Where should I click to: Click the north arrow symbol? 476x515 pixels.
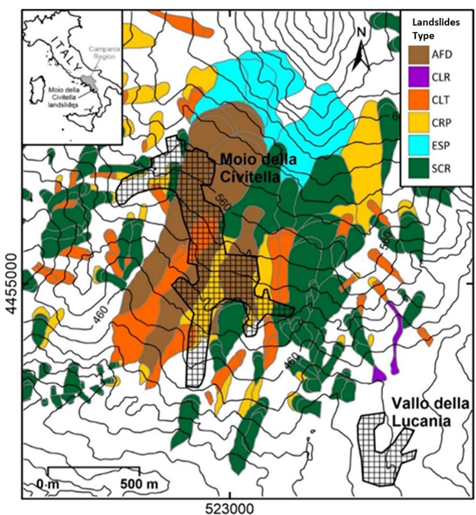click(x=361, y=50)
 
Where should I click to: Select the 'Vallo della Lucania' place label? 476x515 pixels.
click(x=429, y=412)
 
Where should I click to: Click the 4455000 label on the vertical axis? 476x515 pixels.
click(x=11, y=283)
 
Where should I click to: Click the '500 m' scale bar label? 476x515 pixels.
click(x=139, y=484)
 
